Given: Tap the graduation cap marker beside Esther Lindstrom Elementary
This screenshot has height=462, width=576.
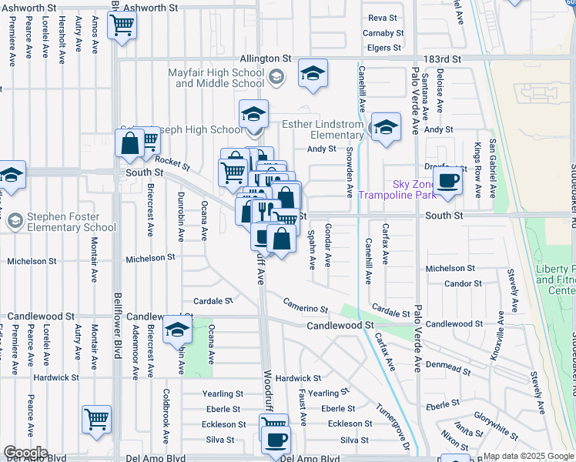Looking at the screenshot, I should point(386,129).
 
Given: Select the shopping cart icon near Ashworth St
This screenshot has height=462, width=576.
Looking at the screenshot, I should point(122,27).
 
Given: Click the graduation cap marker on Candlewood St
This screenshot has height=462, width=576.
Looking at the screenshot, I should point(177,330).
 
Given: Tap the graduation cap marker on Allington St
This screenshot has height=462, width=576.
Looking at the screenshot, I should point(313,74).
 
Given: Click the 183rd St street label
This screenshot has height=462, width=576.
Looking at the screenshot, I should point(444,59).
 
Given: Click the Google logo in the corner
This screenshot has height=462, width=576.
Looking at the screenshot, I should point(25,453).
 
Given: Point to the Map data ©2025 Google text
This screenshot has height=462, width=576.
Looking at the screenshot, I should point(528,456).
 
